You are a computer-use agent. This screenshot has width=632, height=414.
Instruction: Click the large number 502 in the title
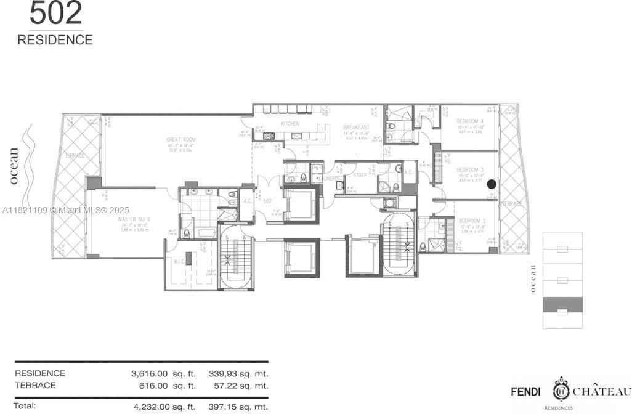tap(55, 14)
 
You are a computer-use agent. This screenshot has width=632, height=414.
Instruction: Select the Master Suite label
tap(136, 219)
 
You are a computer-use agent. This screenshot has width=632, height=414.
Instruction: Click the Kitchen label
tap(290, 124)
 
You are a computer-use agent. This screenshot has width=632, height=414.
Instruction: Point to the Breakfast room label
tap(355, 127)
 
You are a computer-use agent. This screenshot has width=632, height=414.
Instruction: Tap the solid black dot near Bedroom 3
tap(492, 184)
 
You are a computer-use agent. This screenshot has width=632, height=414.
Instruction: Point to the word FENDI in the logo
tap(526, 391)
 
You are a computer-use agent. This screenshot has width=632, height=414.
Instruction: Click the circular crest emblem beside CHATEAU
tap(561, 391)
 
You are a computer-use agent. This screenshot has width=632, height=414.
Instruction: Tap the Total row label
tap(25, 406)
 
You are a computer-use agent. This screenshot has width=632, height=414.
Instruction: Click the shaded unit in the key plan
tap(561, 304)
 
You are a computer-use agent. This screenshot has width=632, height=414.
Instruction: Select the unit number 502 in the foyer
tap(267, 200)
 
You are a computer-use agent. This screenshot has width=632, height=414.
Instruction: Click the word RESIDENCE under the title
tap(55, 40)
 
